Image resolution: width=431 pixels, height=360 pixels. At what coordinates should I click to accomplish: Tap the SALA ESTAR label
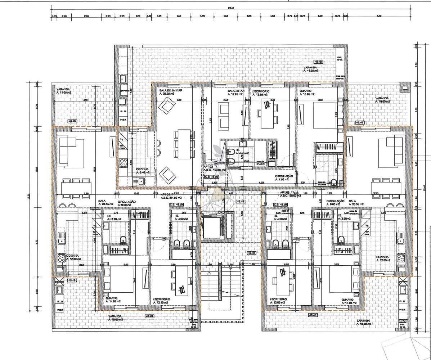point(236,91)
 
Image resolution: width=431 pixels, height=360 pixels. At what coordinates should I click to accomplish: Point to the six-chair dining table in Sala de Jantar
point(184,143)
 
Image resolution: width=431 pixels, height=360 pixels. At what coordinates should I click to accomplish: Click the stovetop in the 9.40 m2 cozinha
point(123,163)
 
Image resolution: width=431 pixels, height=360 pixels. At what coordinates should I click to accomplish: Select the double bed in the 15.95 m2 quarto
point(325,116)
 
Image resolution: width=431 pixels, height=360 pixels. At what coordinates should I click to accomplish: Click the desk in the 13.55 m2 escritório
point(267,113)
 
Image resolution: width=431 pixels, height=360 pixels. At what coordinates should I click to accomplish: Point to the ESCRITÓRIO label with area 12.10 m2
point(161,299)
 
